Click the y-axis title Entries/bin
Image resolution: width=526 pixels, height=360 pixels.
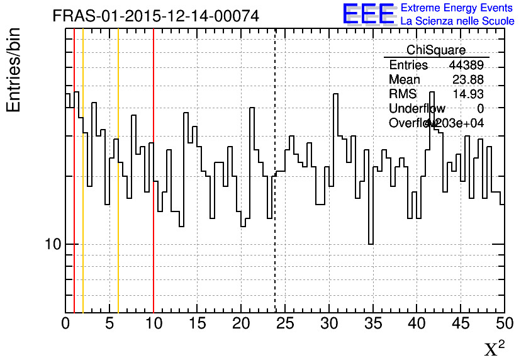(14, 70)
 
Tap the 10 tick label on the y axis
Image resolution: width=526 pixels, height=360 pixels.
(52, 244)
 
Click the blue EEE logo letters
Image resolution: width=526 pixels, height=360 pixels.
(369, 14)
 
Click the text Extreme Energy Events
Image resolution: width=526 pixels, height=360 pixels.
(457, 8)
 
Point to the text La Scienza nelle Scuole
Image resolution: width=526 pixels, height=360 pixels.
(457, 21)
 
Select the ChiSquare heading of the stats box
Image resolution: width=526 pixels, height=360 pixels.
(436, 50)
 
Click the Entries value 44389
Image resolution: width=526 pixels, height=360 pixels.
(466, 65)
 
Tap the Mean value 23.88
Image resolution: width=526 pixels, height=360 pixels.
(468, 80)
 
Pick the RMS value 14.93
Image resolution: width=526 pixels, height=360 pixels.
(468, 94)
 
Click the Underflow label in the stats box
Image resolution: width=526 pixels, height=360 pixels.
(417, 109)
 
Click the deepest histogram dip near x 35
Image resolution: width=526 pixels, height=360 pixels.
(371, 243)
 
